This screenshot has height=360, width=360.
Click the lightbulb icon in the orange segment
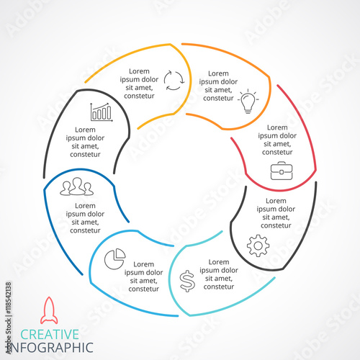tap(248, 101)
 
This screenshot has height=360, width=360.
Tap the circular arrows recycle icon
tap(174, 80)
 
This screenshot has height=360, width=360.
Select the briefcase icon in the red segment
tap(282, 171)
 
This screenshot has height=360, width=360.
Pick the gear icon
tap(258, 246)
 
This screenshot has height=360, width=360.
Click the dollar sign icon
tap(187, 281)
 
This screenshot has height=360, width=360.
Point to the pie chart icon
tap(115, 258)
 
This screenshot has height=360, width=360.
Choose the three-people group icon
tap(76, 186)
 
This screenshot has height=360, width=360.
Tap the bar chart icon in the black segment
tap(102, 112)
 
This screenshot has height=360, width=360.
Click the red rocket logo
tap(49, 310)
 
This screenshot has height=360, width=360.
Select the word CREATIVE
tap(50, 334)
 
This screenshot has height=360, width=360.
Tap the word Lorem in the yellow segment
tap(139, 71)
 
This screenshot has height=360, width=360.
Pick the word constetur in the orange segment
tap(218, 98)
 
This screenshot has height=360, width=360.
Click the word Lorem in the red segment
tap(277, 127)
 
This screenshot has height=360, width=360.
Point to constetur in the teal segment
tap(219, 287)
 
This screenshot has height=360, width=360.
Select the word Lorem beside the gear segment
tap(276, 201)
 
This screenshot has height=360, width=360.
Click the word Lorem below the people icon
tap(85, 206)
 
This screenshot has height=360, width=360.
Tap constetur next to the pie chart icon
tap(144, 289)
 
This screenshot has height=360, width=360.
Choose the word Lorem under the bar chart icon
tap(85, 130)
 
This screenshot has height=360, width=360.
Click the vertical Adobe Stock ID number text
tap(9, 298)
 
